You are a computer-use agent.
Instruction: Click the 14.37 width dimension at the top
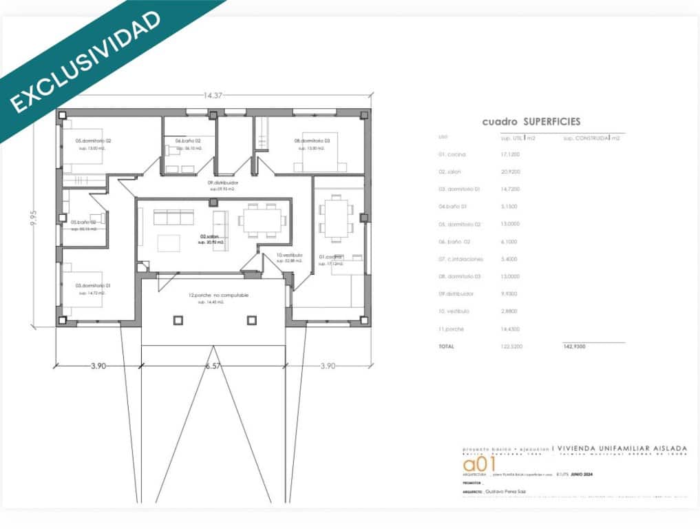pyautogui.click(x=213, y=95)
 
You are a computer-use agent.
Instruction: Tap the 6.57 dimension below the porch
pyautogui.click(x=213, y=366)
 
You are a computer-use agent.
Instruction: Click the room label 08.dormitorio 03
pyautogui.click(x=312, y=141)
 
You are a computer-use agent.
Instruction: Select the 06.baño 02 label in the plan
pyautogui.click(x=187, y=141)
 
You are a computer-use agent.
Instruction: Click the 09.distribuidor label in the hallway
pyautogui.click(x=222, y=183)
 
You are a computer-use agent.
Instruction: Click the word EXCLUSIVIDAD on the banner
pyautogui.click(x=86, y=61)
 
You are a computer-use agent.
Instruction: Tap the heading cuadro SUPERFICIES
pyautogui.click(x=531, y=121)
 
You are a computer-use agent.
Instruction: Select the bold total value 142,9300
pyautogui.click(x=573, y=346)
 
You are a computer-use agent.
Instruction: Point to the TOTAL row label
pyautogui.click(x=446, y=346)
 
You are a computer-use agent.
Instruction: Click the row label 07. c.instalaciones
pyautogui.click(x=460, y=259)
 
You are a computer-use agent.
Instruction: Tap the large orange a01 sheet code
pyautogui.click(x=480, y=464)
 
